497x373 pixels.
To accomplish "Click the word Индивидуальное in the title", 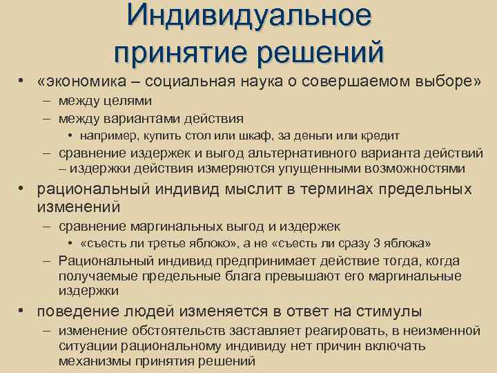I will coord(248,17).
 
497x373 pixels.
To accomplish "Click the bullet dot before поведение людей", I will coord(23,311).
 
